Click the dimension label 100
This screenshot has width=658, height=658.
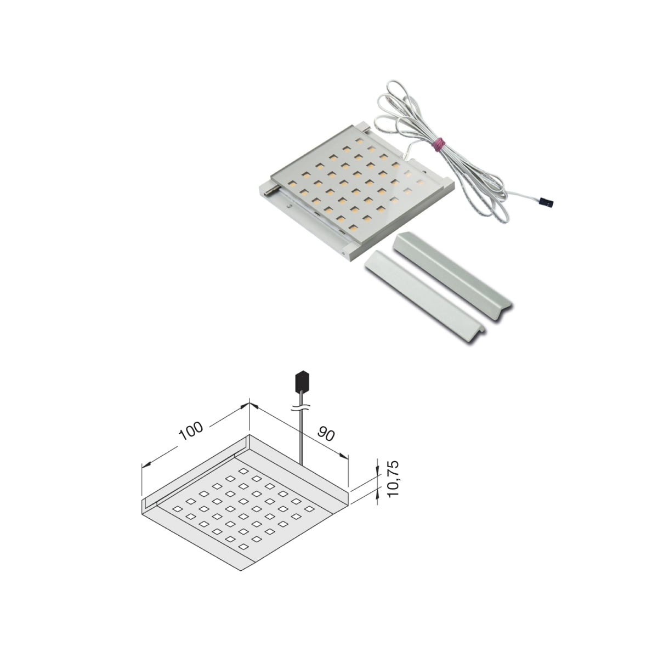point(191,431)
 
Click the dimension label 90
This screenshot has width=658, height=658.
point(326,433)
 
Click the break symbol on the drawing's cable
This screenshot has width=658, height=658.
point(302,407)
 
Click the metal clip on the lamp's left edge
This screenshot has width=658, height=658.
point(274,190)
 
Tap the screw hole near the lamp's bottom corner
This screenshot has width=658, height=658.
point(343,254)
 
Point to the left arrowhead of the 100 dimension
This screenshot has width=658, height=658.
point(146,464)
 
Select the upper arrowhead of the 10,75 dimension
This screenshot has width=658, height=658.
point(377,470)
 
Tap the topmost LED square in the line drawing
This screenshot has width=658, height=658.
point(243,471)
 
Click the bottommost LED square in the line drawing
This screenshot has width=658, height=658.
point(243,547)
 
